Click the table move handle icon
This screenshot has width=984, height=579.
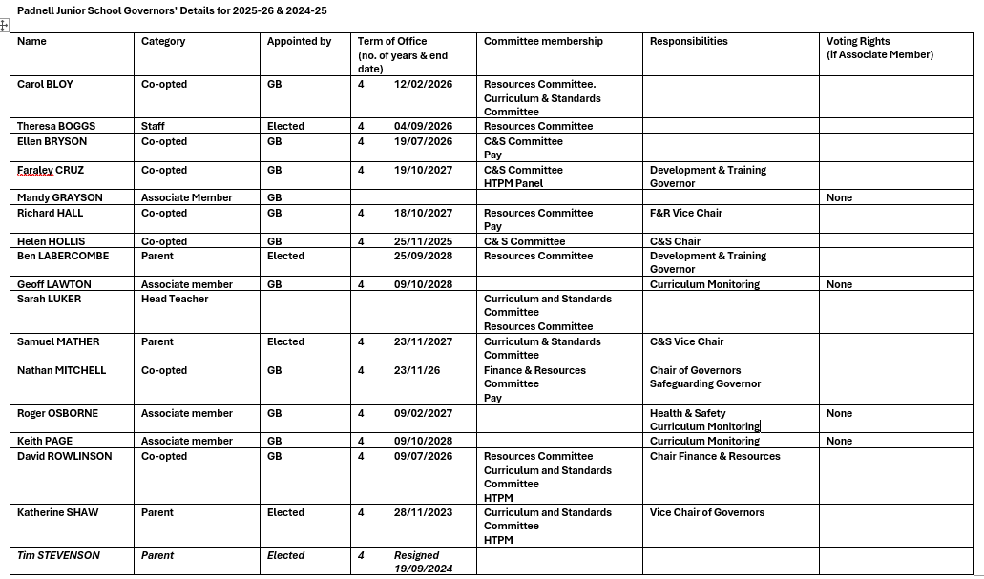4,25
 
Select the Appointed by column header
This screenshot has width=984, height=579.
299,42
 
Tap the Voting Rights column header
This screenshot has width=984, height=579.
859,42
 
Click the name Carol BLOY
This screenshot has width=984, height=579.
45,85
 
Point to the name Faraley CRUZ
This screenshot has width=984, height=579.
51,171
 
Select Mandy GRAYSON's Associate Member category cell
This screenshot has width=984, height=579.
186,198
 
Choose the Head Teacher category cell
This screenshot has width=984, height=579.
175,300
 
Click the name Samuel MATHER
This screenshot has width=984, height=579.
56,342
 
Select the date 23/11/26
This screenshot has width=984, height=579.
416,371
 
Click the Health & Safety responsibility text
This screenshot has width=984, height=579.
687,414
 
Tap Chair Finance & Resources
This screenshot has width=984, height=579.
715,457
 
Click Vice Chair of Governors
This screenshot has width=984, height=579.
707,513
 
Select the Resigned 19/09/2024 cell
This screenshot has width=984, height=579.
423,562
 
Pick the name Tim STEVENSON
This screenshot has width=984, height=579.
58,556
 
